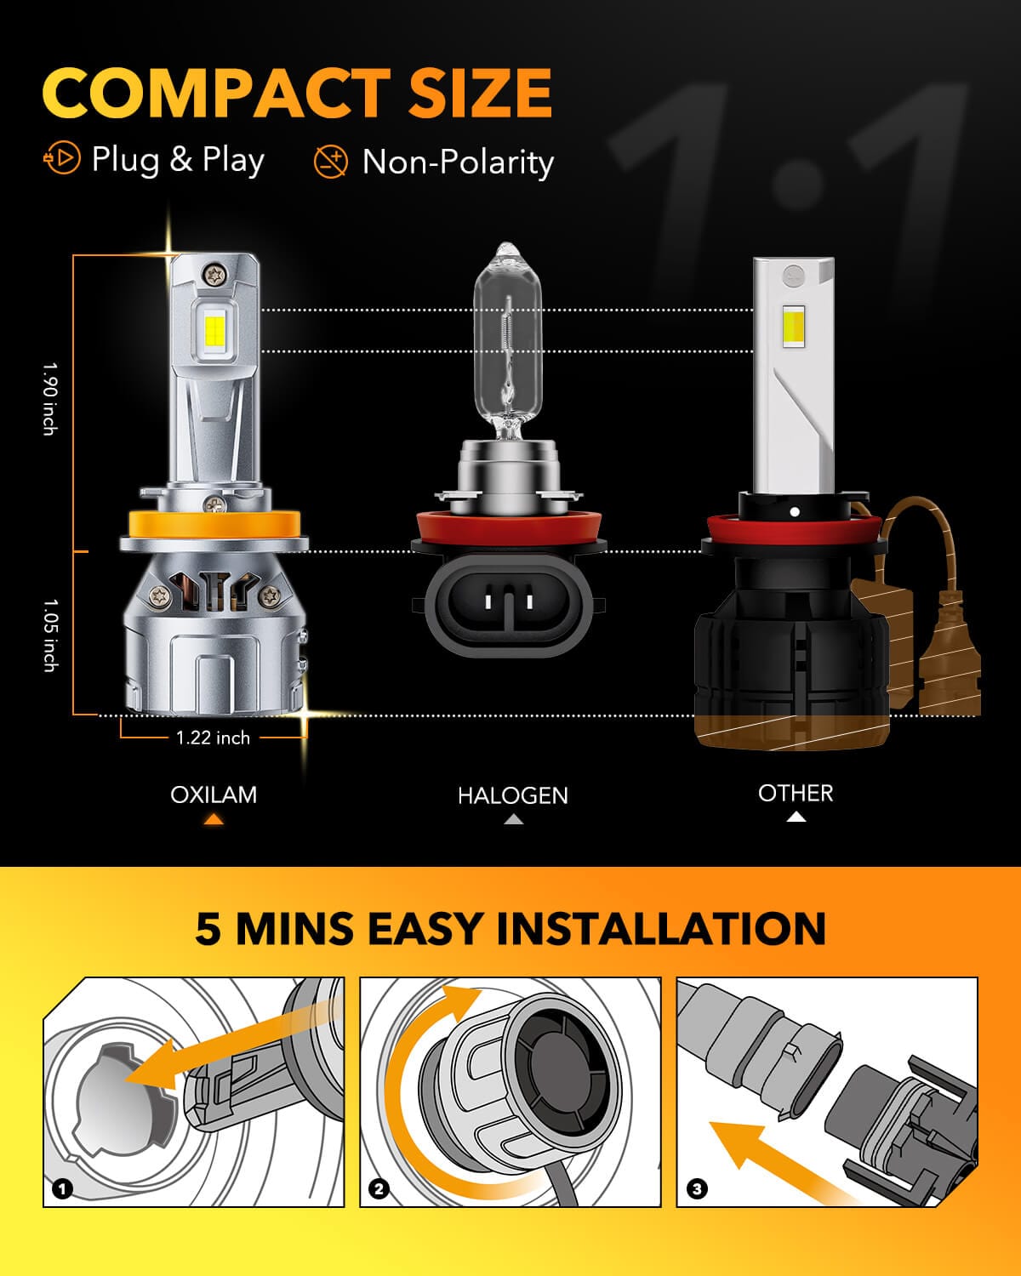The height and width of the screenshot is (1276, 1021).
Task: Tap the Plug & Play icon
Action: tap(62, 159)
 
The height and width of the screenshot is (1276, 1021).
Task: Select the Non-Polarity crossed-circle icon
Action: tap(331, 161)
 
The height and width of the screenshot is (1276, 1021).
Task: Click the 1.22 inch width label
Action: tap(213, 738)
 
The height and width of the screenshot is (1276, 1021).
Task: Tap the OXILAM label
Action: tap(214, 795)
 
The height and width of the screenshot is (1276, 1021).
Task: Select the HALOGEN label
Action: tap(512, 795)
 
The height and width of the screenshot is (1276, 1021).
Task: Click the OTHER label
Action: tap(796, 793)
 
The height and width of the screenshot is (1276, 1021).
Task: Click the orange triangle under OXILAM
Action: tap(214, 820)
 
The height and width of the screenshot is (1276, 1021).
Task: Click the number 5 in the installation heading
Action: tap(208, 928)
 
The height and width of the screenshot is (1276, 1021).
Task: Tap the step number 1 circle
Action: tap(62, 1188)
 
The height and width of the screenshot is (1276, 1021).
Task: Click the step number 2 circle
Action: tap(379, 1188)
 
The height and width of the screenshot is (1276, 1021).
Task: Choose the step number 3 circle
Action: tap(697, 1188)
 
